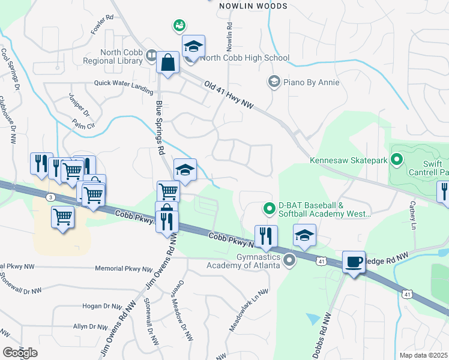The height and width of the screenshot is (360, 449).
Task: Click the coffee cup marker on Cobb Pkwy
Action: [x=354, y=262]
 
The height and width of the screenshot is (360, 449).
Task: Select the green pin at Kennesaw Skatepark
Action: [x=396, y=160]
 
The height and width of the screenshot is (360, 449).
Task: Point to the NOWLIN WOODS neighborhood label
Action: [x=253, y=6]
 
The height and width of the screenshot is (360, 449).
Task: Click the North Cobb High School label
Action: [x=245, y=58]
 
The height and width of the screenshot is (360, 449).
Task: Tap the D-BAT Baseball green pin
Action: [x=270, y=209]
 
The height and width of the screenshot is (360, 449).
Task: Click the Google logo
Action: [x=20, y=353]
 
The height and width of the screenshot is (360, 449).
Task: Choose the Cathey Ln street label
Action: [x=412, y=215]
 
